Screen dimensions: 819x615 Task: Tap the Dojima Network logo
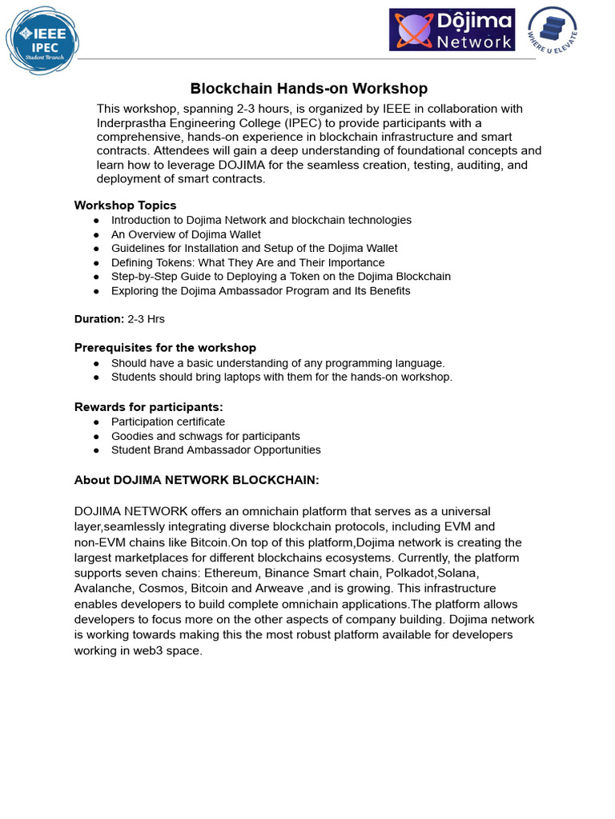click(x=452, y=30)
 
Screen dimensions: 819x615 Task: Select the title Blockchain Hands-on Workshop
click(x=308, y=89)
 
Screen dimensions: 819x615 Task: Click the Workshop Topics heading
click(x=125, y=206)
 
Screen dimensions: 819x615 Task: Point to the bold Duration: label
click(x=99, y=319)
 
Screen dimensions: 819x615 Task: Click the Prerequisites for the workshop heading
click(x=165, y=348)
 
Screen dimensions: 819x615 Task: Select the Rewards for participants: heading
click(x=148, y=407)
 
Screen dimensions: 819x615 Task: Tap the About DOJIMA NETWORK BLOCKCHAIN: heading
click(x=196, y=480)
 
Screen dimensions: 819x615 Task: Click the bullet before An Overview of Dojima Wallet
click(x=96, y=234)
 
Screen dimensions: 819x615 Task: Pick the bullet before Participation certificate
click(x=96, y=422)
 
